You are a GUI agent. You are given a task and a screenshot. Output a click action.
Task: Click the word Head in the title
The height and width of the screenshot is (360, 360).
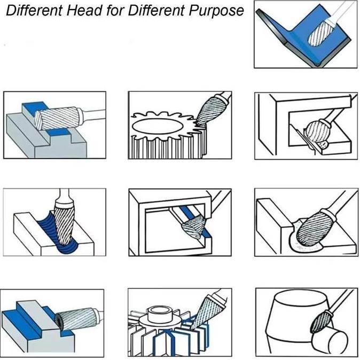click(84, 10)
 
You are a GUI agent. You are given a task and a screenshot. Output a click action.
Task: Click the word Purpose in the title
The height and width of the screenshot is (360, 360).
click(216, 11)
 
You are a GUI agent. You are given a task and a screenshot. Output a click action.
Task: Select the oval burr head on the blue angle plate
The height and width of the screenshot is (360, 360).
click(320, 33)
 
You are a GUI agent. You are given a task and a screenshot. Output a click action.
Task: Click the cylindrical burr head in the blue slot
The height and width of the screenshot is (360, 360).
click(57, 119)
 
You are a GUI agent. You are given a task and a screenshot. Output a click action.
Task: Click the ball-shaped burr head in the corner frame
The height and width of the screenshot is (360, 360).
click(316, 131)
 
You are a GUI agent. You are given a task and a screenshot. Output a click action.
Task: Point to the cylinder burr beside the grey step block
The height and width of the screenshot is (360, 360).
click(77, 319)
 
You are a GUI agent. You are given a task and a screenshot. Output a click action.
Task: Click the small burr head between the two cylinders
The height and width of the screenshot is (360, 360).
click(321, 322)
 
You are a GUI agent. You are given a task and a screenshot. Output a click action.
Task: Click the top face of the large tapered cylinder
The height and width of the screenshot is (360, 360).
click(301, 298)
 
